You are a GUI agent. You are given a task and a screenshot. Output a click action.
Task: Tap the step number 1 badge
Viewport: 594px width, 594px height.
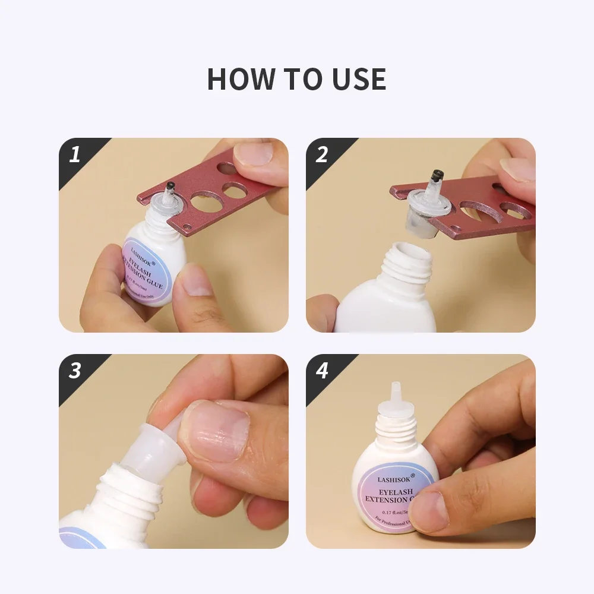pyautogui.click(x=75, y=155)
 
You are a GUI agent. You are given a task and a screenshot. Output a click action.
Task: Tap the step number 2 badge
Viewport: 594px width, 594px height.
pyautogui.click(x=322, y=155)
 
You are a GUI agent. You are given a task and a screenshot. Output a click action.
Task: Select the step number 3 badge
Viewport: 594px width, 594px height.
pyautogui.click(x=75, y=371)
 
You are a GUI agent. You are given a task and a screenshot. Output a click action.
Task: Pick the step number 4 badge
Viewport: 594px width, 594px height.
pyautogui.click(x=322, y=371)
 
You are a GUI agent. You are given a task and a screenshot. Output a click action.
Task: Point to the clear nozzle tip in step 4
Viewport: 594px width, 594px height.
pyautogui.click(x=394, y=393)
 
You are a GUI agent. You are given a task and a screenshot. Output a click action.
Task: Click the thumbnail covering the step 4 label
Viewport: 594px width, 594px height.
pyautogui.click(x=431, y=510)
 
